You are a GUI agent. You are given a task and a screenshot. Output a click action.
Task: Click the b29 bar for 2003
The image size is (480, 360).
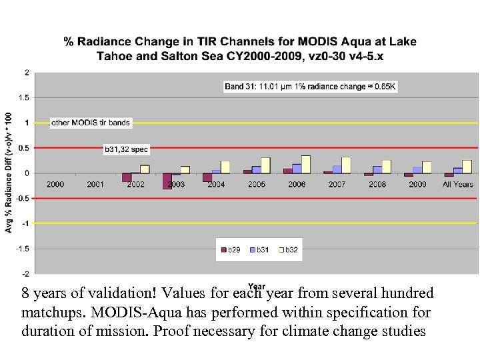click(167, 181)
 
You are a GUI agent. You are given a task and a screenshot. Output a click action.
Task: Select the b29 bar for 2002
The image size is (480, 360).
click(127, 177)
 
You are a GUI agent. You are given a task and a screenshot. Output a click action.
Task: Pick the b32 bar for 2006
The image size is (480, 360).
click(306, 165)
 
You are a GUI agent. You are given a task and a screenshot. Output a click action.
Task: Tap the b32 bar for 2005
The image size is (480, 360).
click(265, 165)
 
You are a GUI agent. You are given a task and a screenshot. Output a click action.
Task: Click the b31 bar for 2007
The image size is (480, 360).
click(337, 169)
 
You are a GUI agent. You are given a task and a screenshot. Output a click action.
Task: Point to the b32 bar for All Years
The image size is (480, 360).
click(467, 167)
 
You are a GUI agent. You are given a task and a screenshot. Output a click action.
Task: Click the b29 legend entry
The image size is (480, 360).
click(231, 250)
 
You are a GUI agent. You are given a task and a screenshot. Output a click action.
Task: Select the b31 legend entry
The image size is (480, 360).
click(259, 250)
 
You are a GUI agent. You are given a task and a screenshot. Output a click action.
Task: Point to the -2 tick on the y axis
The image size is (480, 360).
click(25, 273)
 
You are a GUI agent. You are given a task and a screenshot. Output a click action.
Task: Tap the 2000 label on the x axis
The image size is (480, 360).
click(56, 185)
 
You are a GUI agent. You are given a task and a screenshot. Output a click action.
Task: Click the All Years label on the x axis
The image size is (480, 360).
click(458, 185)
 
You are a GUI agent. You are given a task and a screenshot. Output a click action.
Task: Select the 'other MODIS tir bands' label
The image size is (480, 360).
click(91, 123)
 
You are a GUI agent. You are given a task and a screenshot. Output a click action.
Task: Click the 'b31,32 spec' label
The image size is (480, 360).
click(126, 149)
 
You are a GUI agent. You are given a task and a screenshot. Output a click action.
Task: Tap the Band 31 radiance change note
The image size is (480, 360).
click(310, 86)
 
